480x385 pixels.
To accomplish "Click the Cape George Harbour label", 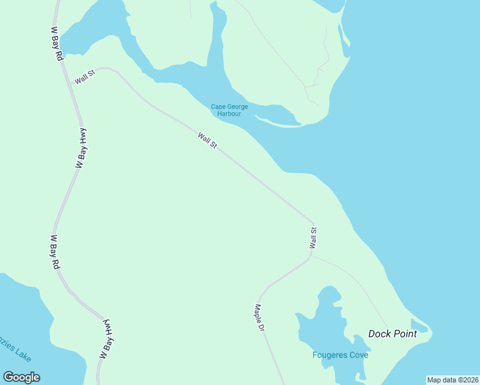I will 229,110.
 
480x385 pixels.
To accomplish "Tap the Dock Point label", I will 392,334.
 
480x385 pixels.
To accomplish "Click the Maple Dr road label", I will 260,318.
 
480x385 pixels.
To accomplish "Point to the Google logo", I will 21,377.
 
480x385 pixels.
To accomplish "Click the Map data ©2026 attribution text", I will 452,380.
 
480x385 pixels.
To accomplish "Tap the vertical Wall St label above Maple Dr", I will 313,237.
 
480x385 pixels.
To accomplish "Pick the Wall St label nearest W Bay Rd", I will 84,76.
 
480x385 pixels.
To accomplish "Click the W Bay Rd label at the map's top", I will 56,44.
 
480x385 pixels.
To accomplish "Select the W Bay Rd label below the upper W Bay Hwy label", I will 55,252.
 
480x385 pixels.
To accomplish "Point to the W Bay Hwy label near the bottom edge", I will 107,338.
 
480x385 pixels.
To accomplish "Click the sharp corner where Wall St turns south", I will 314,223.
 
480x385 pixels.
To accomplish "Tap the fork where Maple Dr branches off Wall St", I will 311,257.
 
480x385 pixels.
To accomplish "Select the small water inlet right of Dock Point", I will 418,325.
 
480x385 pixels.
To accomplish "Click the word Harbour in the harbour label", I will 229,114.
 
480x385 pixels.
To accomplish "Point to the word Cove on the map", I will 359,355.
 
